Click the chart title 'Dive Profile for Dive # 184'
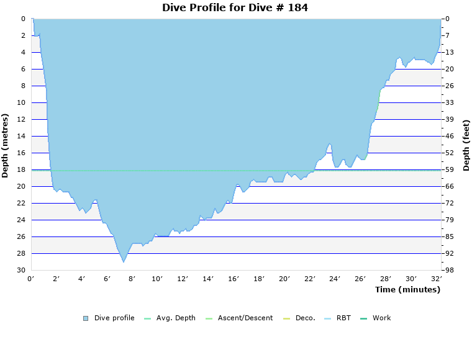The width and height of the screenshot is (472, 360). click(235, 8)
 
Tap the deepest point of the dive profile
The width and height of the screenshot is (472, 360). click(124, 262)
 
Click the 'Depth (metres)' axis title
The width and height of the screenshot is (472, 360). click(6, 145)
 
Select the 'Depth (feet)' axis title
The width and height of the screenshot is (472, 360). click(466, 145)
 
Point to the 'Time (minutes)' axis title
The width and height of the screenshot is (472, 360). click(407, 289)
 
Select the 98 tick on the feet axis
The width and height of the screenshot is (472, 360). click(449, 270)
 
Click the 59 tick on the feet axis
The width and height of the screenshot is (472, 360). click(449, 169)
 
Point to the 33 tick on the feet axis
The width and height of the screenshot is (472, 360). click(449, 102)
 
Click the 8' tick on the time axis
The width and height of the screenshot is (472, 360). click(132, 279)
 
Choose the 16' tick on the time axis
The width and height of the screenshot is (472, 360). click(234, 279)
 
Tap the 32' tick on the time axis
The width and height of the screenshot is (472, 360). click(437, 279)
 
